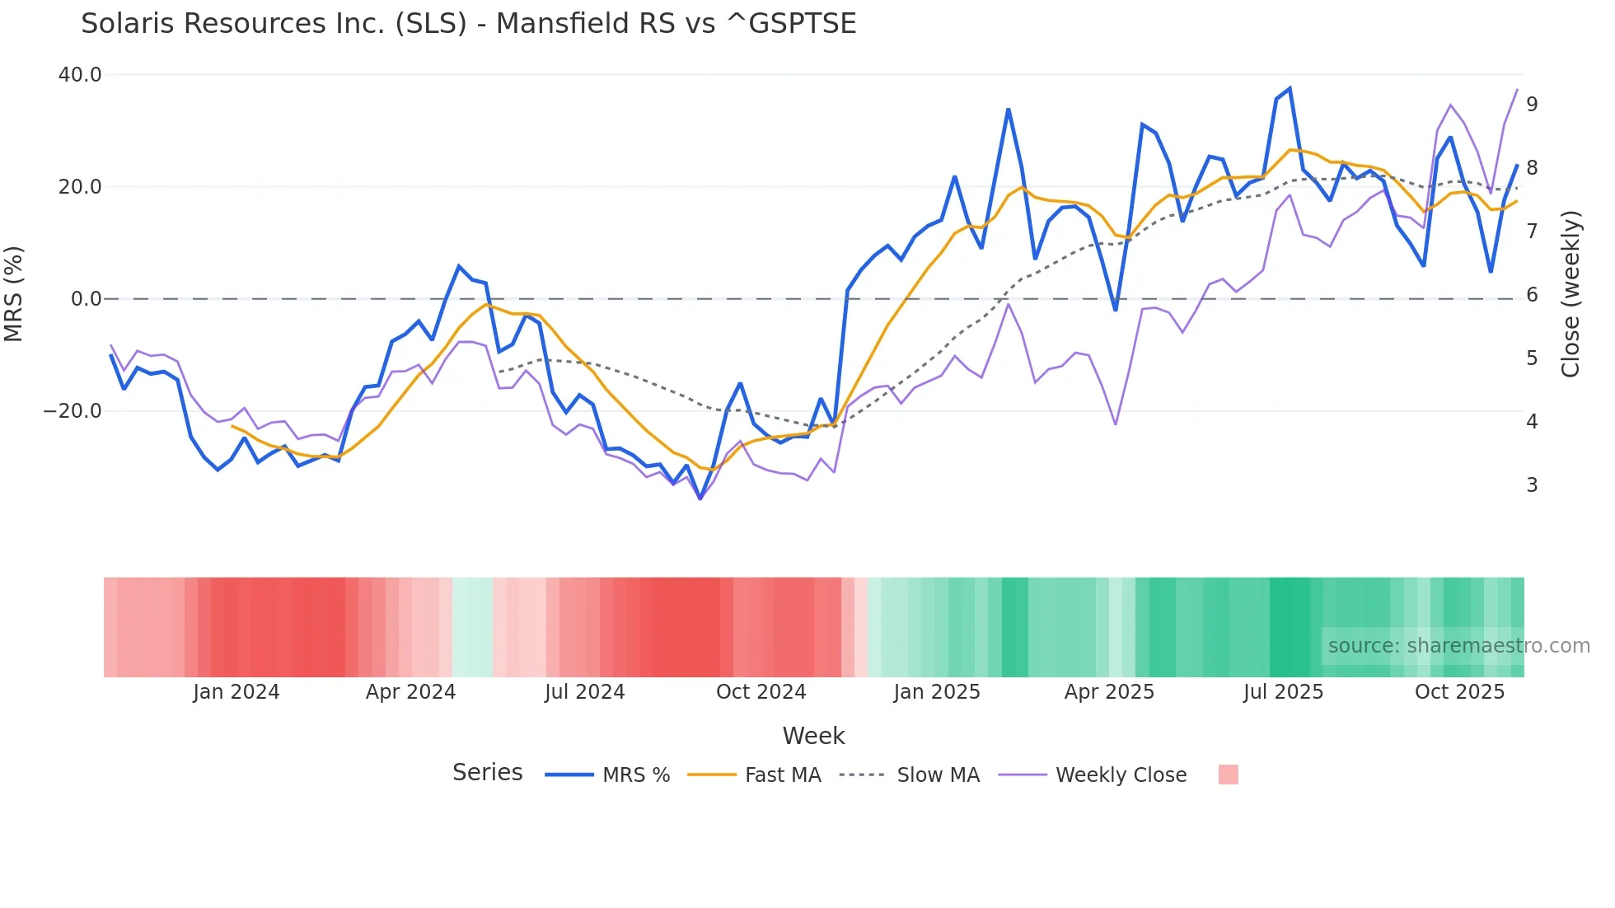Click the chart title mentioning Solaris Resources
point(468,24)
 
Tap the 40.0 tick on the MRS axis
point(80,75)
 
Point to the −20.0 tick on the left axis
point(73,411)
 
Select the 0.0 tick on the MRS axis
point(86,299)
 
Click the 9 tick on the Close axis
point(1532,105)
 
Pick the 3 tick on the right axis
point(1532,485)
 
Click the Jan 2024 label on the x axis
point(236,692)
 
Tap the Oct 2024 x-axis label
point(761,692)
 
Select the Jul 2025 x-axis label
point(1283,692)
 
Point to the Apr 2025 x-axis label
point(1109,692)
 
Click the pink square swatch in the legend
point(1228,775)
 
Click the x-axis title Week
point(813,736)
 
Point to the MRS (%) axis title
point(14,293)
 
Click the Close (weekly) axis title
point(1571,293)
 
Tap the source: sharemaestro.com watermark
point(1458,646)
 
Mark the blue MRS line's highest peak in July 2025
point(1290,88)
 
